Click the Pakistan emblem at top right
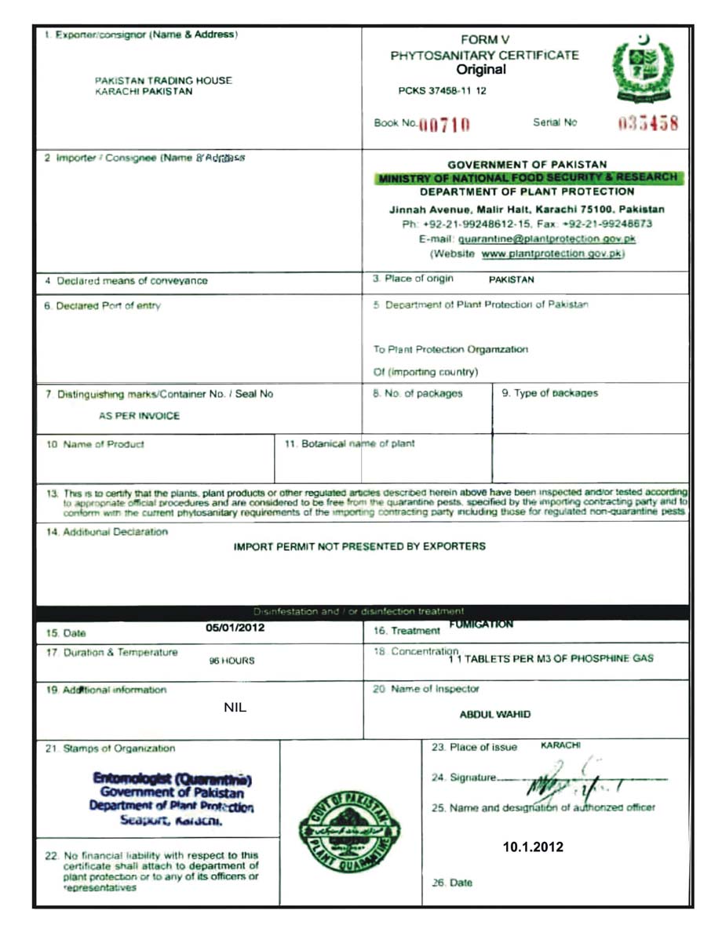pos(642,71)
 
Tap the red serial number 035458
pos(648,124)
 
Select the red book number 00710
pos(445,125)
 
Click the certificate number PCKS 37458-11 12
pos(442,91)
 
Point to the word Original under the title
pos(481,70)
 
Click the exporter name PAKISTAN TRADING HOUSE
pos(163,80)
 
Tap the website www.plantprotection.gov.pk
pos(552,254)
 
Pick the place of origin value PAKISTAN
pos(512,279)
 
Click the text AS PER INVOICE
pos(139,416)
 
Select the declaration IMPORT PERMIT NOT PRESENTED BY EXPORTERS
pos(359,546)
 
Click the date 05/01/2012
pos(235,628)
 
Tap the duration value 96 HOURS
pos(232,661)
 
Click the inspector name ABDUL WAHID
pos(494,715)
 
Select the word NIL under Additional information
pos(235,708)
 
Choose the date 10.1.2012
pos(533,847)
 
